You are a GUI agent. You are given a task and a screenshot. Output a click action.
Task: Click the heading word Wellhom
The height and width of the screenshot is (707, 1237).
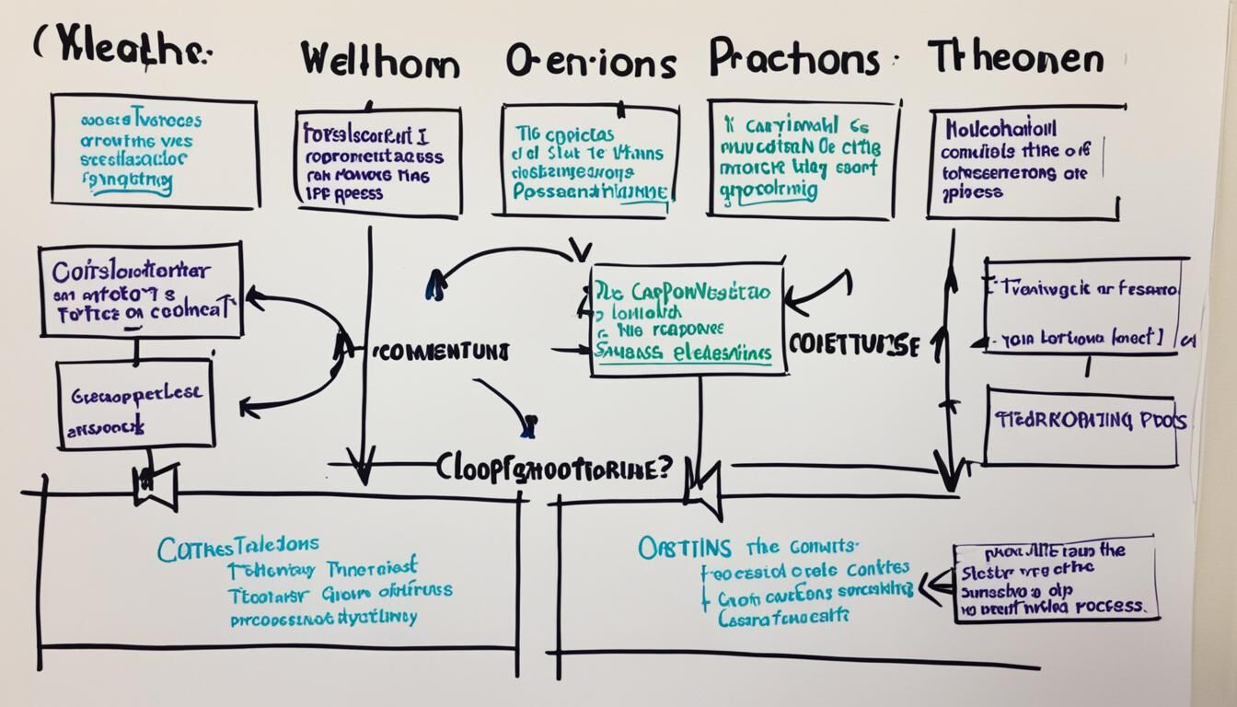379,64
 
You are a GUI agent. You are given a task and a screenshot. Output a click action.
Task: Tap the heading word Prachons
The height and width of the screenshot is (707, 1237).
794,58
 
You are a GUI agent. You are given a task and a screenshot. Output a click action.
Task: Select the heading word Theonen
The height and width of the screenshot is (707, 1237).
1015,59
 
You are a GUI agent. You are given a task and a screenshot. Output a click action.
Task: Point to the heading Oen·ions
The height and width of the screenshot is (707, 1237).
591,62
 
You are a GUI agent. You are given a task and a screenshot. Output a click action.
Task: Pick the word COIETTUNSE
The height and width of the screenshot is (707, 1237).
854,345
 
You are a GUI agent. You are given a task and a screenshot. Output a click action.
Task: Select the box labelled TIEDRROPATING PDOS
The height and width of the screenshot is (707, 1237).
1081,424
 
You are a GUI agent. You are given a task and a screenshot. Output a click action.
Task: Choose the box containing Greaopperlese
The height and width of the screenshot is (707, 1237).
135,404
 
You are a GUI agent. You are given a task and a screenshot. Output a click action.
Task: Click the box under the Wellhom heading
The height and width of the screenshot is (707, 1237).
378,164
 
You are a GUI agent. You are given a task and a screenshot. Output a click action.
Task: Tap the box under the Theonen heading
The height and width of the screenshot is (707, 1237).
1023,162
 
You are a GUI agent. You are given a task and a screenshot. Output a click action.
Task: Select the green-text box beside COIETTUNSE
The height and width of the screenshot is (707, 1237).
688,319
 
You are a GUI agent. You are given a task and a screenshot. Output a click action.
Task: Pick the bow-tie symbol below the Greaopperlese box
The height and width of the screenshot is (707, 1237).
155,486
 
